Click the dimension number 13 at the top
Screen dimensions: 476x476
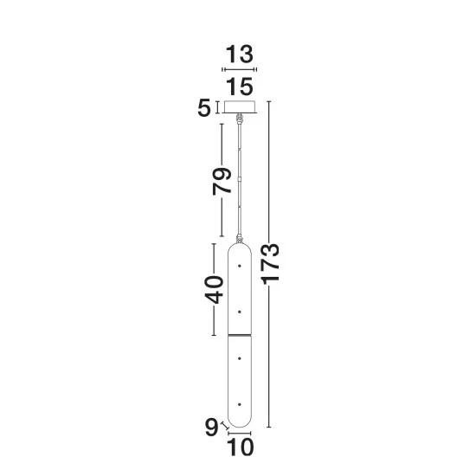tap(239, 55)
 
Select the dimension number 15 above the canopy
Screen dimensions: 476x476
tap(240, 87)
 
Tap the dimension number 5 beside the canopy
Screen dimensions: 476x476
tap(204, 108)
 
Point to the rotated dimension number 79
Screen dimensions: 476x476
tap(222, 181)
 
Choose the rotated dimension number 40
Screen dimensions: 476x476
tap(214, 290)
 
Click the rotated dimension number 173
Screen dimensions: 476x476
tap(271, 264)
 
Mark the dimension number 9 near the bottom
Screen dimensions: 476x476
tap(211, 428)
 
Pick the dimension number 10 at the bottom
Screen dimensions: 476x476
tap(240, 447)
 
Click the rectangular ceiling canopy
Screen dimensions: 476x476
tap(240, 106)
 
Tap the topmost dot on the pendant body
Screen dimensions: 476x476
tap(240, 266)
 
